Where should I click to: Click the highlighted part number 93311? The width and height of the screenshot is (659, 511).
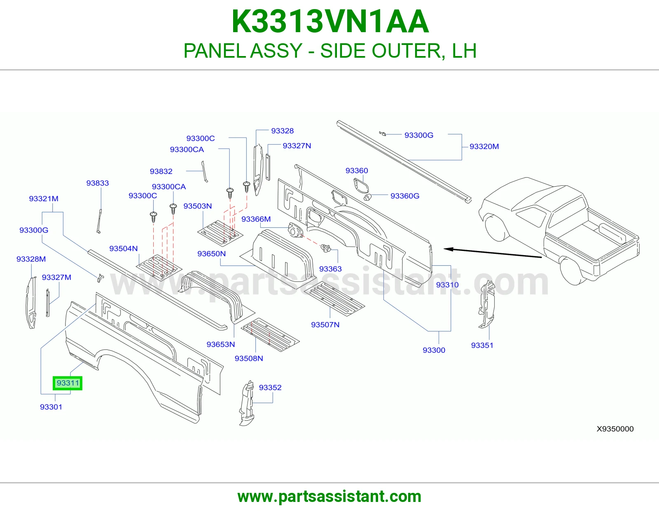(x=68, y=383)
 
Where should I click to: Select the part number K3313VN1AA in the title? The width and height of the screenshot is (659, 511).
(x=330, y=22)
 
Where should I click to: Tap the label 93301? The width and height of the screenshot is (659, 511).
(x=51, y=407)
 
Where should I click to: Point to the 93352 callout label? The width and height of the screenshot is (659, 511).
(x=270, y=387)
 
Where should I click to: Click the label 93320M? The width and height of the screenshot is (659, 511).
(x=484, y=147)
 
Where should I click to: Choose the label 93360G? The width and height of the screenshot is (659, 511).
(x=405, y=196)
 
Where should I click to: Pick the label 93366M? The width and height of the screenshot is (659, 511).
(x=256, y=219)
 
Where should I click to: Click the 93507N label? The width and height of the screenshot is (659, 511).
(x=325, y=325)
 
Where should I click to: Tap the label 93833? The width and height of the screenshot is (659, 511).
(x=97, y=183)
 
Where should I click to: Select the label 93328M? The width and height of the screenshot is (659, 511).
(x=31, y=259)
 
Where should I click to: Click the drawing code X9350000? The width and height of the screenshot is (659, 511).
(x=615, y=429)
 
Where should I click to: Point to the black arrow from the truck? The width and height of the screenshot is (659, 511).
(x=493, y=253)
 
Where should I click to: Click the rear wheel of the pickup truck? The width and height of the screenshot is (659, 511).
(x=573, y=271)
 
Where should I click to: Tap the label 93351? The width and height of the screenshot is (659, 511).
(x=482, y=345)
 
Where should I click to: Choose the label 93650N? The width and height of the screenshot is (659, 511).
(x=211, y=254)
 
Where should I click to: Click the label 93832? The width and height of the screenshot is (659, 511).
(x=161, y=171)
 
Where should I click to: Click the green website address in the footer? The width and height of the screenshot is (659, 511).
(x=329, y=497)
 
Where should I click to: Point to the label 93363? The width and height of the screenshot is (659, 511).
(x=330, y=269)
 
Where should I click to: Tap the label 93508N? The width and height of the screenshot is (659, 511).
(x=249, y=359)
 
